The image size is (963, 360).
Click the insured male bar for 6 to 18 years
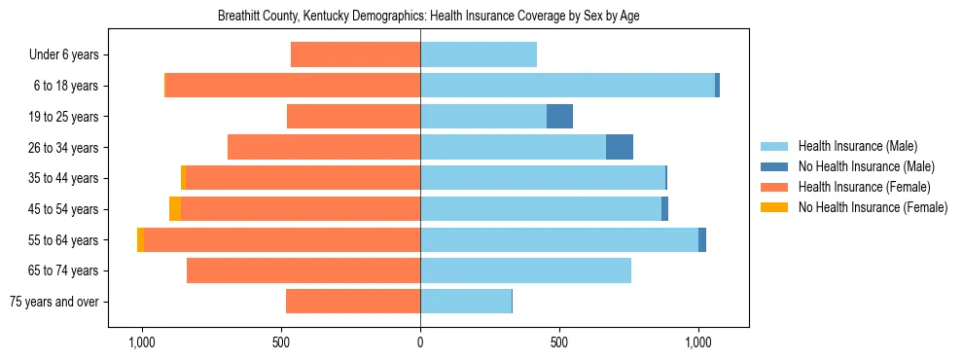(x=567, y=86)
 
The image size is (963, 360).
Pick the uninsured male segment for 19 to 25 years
(x=559, y=117)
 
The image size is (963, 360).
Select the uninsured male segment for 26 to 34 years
(x=620, y=147)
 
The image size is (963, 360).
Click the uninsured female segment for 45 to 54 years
(x=175, y=209)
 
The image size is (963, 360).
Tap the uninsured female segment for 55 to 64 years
(x=141, y=240)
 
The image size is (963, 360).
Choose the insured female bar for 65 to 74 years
(x=303, y=270)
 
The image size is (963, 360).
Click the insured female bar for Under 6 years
(x=355, y=55)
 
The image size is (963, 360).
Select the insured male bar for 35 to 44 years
(x=543, y=178)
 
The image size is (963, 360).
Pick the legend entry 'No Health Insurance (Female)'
(x=873, y=207)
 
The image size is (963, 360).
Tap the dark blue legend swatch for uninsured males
(x=774, y=166)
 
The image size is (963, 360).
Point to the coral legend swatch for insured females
(x=774, y=187)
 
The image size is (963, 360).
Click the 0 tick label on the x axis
(x=420, y=342)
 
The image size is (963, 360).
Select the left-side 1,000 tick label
(x=142, y=342)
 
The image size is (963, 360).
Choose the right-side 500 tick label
(x=559, y=342)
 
